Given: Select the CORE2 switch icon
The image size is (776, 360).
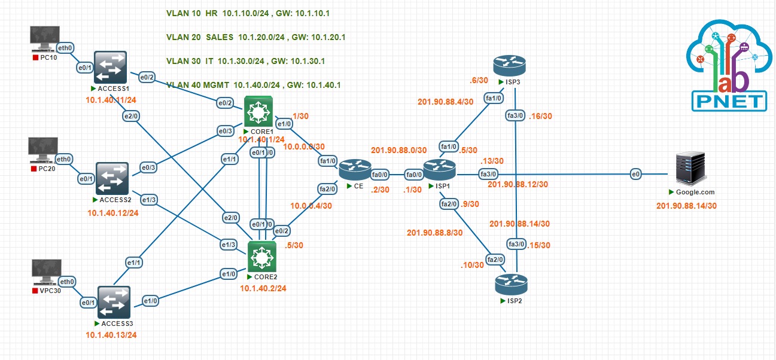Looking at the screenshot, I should (x=261, y=257).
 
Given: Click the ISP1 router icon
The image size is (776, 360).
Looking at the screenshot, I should (x=440, y=170).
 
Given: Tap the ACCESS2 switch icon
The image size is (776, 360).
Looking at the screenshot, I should (x=111, y=178).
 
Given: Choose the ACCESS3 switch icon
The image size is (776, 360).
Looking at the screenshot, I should (x=114, y=303).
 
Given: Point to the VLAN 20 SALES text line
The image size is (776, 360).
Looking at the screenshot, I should (x=255, y=37).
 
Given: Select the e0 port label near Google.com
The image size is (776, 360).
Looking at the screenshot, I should (x=635, y=174).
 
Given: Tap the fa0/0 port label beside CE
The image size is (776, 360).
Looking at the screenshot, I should (x=379, y=175).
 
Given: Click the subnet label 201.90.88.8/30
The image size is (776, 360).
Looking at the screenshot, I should (x=435, y=233).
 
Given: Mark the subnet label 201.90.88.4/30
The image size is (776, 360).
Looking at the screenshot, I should (x=446, y=101).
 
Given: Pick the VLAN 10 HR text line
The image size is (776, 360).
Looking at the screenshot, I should (x=248, y=13).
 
